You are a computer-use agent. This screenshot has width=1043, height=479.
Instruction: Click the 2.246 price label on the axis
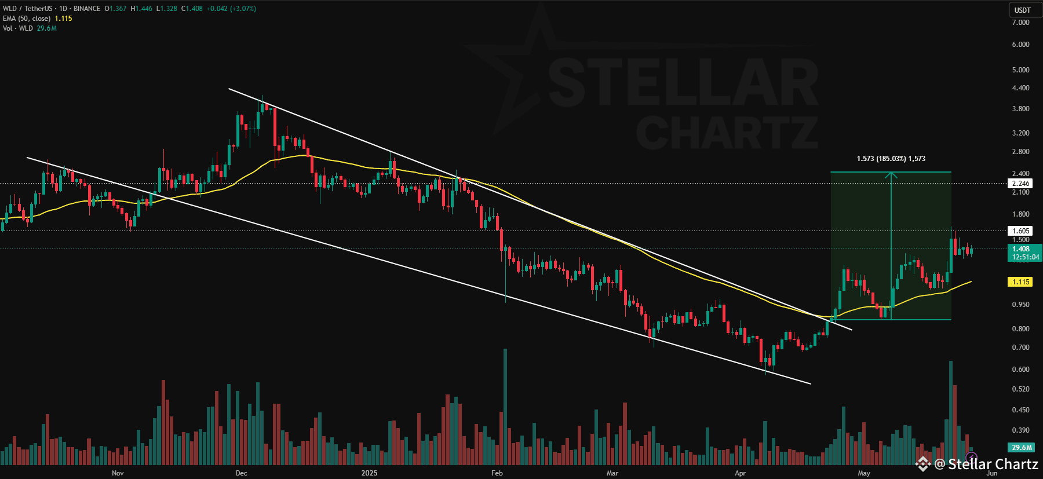coord(1020,184)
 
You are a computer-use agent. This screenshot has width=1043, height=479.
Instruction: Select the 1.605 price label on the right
coord(1020,231)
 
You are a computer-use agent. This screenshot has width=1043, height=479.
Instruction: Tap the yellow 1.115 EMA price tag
coord(1020,282)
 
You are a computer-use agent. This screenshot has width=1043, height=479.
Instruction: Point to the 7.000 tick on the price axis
coord(1020,23)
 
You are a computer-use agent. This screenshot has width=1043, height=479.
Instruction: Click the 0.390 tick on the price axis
coord(1020,430)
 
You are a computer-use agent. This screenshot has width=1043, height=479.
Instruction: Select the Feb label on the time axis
coord(497,473)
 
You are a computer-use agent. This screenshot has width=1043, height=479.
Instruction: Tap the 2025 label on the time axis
coord(369,473)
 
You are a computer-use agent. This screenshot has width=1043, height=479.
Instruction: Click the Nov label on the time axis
coord(118,473)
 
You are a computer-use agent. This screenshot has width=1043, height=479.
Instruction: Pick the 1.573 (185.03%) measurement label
coord(891,159)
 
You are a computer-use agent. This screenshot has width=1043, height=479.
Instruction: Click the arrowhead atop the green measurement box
coord(891,174)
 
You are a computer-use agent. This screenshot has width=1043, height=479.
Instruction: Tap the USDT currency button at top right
coord(1023,10)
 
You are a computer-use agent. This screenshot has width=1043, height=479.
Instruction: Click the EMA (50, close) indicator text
coord(27,19)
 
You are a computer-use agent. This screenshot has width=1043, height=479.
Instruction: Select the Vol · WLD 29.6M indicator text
coord(29,28)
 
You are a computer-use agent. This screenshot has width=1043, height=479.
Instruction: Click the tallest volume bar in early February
coord(505,405)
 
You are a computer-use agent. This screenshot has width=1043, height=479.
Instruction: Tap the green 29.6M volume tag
coord(1022,448)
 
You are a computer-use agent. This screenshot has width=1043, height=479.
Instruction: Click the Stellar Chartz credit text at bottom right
coord(993,465)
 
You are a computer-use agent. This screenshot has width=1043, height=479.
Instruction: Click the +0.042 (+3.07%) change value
coord(231,9)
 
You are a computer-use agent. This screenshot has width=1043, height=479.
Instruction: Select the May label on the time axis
coord(864,473)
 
